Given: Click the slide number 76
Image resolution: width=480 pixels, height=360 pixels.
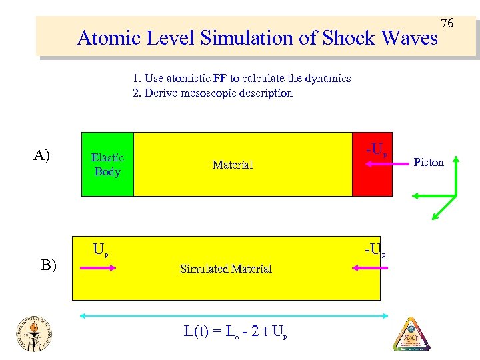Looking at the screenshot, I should coord(447,23).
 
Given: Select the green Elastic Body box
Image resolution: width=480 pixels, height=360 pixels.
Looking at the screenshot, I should coord(107,165).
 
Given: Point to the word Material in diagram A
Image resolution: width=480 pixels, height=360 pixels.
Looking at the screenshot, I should coord(232,165).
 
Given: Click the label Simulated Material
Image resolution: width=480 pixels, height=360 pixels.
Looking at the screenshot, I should coord(226,269).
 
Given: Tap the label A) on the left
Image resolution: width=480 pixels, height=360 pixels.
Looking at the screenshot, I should coord(41,156).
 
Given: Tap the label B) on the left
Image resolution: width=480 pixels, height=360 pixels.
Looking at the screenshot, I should coord(47,265).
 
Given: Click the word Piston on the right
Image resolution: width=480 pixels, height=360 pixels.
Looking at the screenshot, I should coord(429,162).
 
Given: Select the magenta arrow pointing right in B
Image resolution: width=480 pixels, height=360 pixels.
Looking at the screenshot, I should coord(98,268).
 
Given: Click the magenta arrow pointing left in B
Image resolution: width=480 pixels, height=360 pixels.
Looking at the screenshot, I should coord(365,267).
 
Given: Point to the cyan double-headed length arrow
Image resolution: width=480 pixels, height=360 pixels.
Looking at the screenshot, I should coord(230,314).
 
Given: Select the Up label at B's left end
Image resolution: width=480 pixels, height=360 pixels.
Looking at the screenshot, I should coord(101,251).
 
